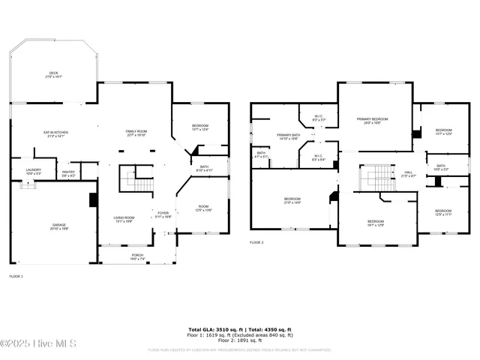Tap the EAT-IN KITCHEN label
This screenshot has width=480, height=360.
point(55,133)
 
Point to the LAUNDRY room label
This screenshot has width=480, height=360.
point(33,170)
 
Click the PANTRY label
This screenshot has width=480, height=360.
point(68,172)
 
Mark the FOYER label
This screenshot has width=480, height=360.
point(163,214)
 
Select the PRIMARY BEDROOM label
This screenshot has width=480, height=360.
point(372,120)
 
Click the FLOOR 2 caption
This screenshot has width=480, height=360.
point(256,242)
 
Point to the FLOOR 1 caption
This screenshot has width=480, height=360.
point(16,277)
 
